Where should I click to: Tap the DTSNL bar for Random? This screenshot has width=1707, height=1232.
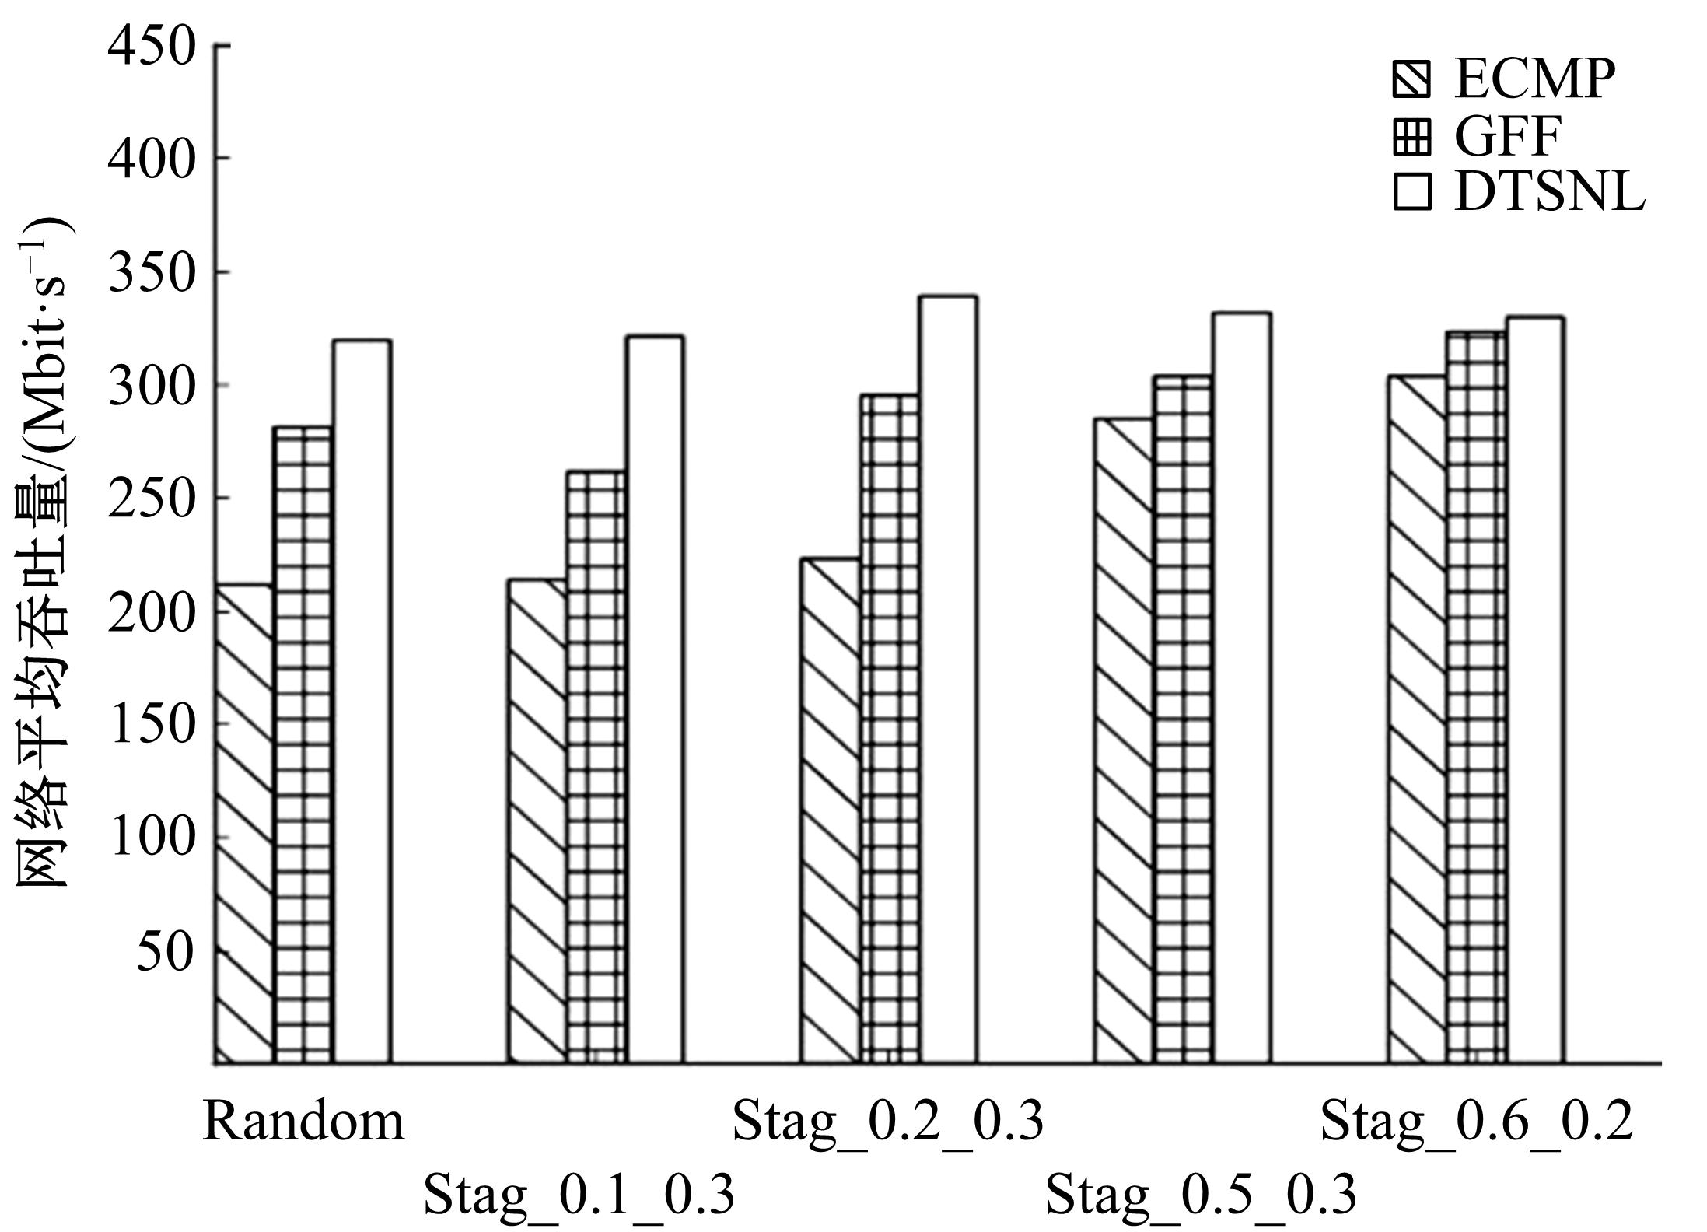click(362, 700)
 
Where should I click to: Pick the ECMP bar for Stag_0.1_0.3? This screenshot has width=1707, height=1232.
click(538, 821)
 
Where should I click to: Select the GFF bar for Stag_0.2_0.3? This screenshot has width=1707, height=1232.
click(890, 727)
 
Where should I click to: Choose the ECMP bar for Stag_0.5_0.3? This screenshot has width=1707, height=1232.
click(1125, 739)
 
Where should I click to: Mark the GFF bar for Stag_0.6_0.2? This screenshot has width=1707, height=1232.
click(1476, 696)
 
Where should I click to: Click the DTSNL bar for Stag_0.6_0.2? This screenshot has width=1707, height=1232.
click(1535, 689)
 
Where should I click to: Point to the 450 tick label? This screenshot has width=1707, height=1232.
click(151, 47)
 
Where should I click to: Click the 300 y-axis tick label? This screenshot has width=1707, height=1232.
click(151, 385)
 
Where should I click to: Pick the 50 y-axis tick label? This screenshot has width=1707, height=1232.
click(165, 950)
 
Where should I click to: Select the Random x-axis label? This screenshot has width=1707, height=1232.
click(304, 1122)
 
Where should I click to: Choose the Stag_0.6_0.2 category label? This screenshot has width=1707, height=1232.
click(1476, 1122)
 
